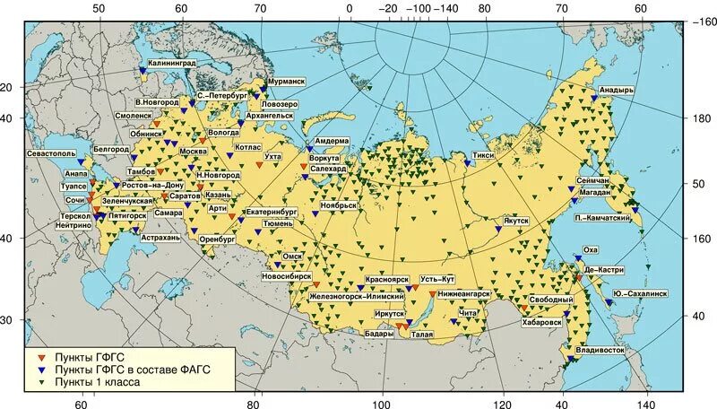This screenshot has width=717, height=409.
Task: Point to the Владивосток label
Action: [600, 349]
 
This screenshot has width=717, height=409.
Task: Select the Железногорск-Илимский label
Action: [357, 295]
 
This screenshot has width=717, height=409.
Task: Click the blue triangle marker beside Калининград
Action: [143, 71]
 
